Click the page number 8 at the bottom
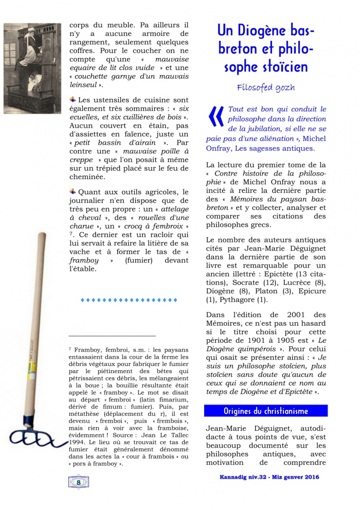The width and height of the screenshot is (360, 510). click(x=78, y=482)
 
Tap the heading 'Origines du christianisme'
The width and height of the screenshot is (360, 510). click(x=265, y=411)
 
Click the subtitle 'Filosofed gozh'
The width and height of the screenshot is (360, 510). click(x=265, y=87)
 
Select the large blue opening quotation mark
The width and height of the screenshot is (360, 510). click(x=215, y=117)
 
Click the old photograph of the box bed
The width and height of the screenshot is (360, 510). click(x=32, y=68)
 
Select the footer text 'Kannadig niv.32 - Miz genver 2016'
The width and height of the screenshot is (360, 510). click(x=266, y=477)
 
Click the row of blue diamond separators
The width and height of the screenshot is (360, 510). click(x=129, y=299)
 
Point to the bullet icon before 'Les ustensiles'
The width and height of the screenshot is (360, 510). click(x=73, y=99)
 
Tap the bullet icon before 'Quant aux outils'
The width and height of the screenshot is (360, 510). click(x=73, y=191)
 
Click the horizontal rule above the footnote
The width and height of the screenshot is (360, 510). click(x=112, y=336)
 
